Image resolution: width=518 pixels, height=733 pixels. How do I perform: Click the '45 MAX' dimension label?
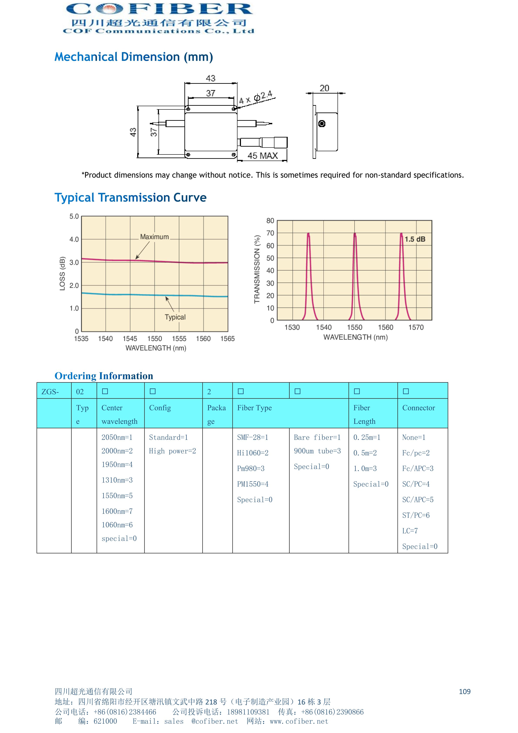tap(263, 156)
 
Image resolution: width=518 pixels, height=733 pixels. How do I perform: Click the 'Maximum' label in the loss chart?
tap(154, 237)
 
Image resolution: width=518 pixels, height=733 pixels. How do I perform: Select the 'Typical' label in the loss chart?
tap(175, 317)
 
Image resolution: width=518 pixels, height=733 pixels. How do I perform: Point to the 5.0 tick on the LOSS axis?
tap(74, 216)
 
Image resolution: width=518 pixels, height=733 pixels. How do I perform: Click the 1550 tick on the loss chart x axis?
tap(154, 339)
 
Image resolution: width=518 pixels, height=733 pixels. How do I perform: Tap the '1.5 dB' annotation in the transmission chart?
tap(415, 239)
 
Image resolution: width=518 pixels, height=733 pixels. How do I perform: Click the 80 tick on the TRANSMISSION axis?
tap(270, 221)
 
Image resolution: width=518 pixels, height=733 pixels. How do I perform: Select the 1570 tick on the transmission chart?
tap(416, 327)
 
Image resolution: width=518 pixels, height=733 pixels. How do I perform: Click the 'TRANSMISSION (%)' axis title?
tap(257, 269)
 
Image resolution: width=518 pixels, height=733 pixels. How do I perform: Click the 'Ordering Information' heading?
tap(104, 376)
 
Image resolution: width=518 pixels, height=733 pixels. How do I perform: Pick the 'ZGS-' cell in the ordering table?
tap(50, 392)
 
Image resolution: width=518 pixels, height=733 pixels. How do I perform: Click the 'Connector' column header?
tap(418, 408)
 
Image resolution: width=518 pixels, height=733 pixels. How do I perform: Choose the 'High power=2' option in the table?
tap(172, 451)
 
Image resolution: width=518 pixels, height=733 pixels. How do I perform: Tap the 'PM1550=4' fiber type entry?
tap(252, 484)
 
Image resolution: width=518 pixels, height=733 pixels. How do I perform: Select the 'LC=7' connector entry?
tap(410, 531)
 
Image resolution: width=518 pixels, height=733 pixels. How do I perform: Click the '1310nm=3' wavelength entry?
tap(117, 480)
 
